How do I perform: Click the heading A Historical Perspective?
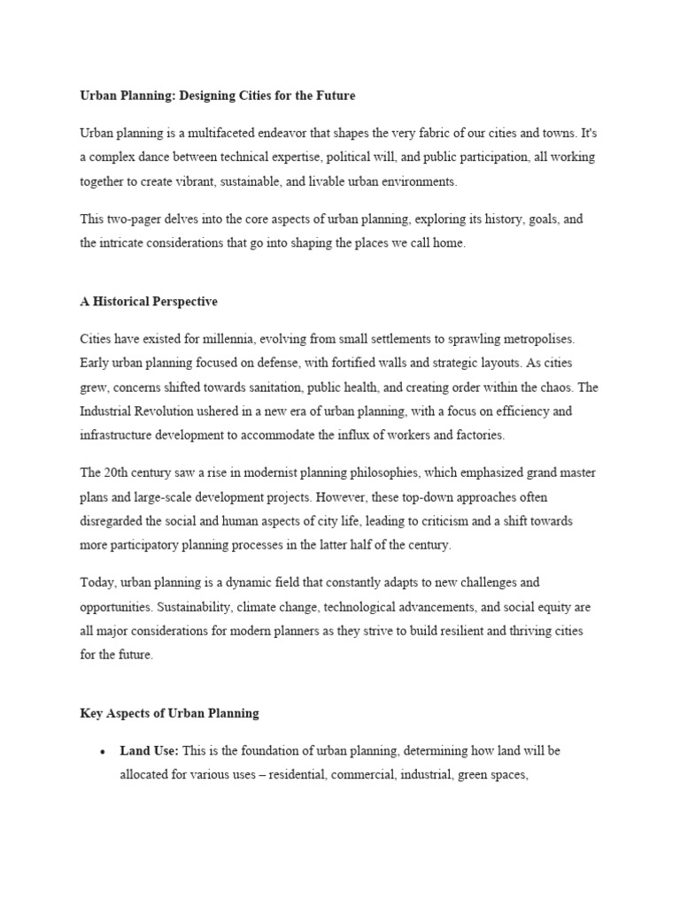point(148,302)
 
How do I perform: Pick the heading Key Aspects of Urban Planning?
point(169,712)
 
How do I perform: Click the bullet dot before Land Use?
point(104,752)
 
